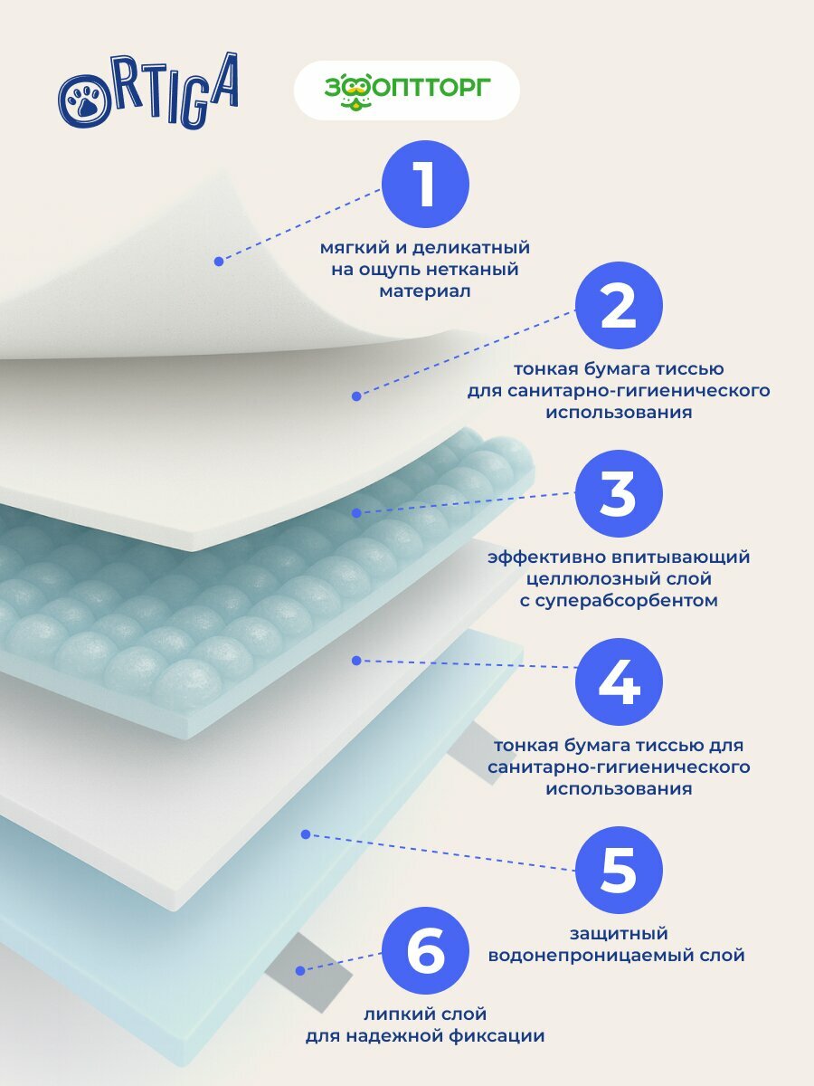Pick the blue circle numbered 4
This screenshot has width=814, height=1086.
(619, 683)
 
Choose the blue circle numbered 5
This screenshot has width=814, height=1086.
(619, 869)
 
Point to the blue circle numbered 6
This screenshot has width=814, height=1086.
(425, 954)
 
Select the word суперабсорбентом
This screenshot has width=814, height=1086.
(619, 600)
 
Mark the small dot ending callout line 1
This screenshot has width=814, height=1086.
(219, 262)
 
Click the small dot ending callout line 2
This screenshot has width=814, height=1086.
(356, 395)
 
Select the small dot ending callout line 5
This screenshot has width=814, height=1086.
(306, 834)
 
